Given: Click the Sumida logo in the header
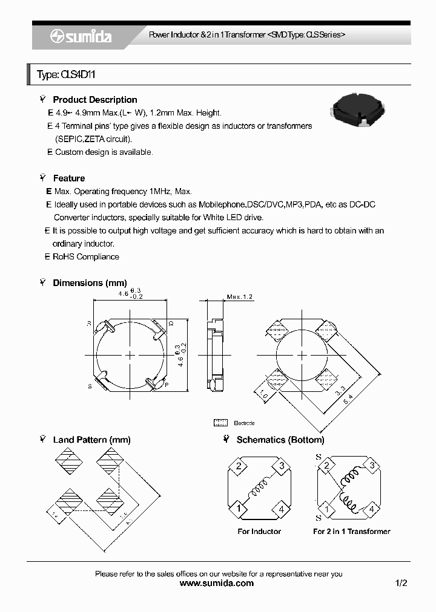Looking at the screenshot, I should (x=81, y=36).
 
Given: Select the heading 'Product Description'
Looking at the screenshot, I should (x=94, y=100).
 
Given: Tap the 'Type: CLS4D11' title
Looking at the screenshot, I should (x=67, y=75).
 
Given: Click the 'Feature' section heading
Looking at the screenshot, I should (x=68, y=178).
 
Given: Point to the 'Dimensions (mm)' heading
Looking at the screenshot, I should (x=90, y=283).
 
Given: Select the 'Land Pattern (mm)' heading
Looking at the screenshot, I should (x=91, y=440).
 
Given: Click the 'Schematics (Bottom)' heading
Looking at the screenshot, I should (x=280, y=440).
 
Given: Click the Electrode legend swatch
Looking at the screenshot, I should (x=220, y=423).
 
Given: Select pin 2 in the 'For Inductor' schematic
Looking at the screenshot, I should (x=239, y=466).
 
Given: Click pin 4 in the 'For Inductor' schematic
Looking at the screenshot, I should (x=281, y=509).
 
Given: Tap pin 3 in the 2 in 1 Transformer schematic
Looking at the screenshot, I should (x=372, y=466).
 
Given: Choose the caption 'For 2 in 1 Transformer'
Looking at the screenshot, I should (x=351, y=532).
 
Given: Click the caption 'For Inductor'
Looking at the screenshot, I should (x=259, y=532).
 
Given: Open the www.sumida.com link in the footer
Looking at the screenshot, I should (x=217, y=584).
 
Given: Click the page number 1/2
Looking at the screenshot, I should (x=401, y=584).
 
